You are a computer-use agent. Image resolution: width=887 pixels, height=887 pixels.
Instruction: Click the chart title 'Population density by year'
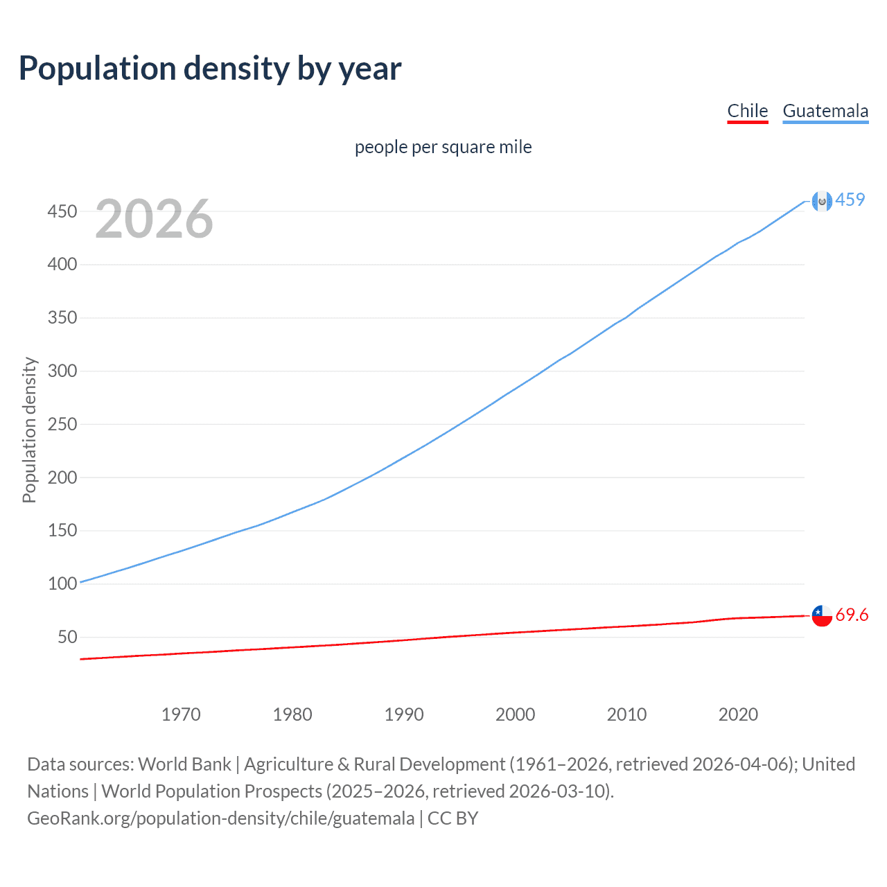coord(210,69)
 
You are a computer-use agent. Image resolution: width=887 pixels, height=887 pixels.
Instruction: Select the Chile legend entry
coord(747,111)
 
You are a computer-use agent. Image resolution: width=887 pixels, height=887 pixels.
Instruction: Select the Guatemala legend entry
coord(825,111)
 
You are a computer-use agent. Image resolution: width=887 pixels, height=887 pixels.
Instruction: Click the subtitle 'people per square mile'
coord(443,147)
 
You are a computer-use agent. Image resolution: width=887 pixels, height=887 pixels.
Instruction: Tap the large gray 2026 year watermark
coord(154,219)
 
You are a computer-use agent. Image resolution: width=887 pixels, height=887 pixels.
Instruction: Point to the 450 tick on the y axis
coord(62,211)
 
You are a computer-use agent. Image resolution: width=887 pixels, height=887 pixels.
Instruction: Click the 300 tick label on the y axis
coord(62,371)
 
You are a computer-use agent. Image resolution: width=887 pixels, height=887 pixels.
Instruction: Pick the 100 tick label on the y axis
coord(62,583)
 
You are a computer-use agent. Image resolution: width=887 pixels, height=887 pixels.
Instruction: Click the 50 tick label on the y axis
coord(67,637)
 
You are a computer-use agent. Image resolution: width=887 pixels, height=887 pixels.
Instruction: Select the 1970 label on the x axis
coord(181,714)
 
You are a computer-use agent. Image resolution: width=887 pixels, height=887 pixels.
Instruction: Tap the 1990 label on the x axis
coord(404,714)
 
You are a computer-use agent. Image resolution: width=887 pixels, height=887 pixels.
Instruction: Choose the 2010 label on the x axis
coord(626,714)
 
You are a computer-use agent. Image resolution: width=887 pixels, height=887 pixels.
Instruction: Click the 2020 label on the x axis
coord(738,714)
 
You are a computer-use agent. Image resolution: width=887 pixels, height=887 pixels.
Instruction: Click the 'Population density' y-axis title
coord(29,430)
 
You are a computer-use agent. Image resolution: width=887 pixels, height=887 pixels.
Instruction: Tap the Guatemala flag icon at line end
coord(821,201)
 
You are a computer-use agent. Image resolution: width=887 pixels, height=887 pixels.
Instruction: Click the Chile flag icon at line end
coord(821,615)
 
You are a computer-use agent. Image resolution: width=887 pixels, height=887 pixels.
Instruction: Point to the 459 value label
coord(850,200)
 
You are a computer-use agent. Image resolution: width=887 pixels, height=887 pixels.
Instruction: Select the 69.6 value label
coord(852,615)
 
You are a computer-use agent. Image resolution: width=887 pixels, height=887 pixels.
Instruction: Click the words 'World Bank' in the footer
coord(184,764)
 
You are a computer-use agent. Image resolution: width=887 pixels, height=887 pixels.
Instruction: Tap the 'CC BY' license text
coord(453,818)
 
